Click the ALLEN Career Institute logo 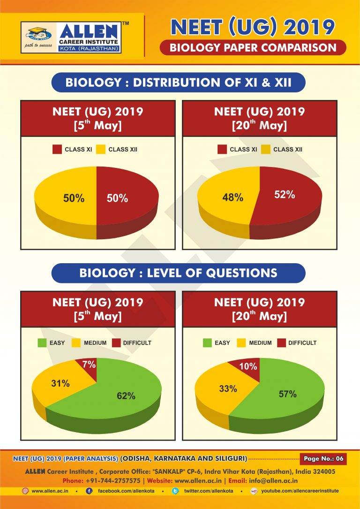[71, 37]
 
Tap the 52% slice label [284, 195]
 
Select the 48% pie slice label [232, 198]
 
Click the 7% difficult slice [90, 364]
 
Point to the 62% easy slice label [126, 396]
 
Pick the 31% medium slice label [60, 384]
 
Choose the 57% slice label [287, 394]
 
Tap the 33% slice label [227, 388]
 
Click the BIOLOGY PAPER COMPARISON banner [253, 47]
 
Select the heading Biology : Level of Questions [178, 273]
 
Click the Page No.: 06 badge [323, 458]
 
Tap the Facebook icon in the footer [89, 491]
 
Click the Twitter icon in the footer [175, 491]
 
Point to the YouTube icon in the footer [254, 491]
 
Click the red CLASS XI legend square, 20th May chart [222, 150]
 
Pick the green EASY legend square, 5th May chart [42, 343]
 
